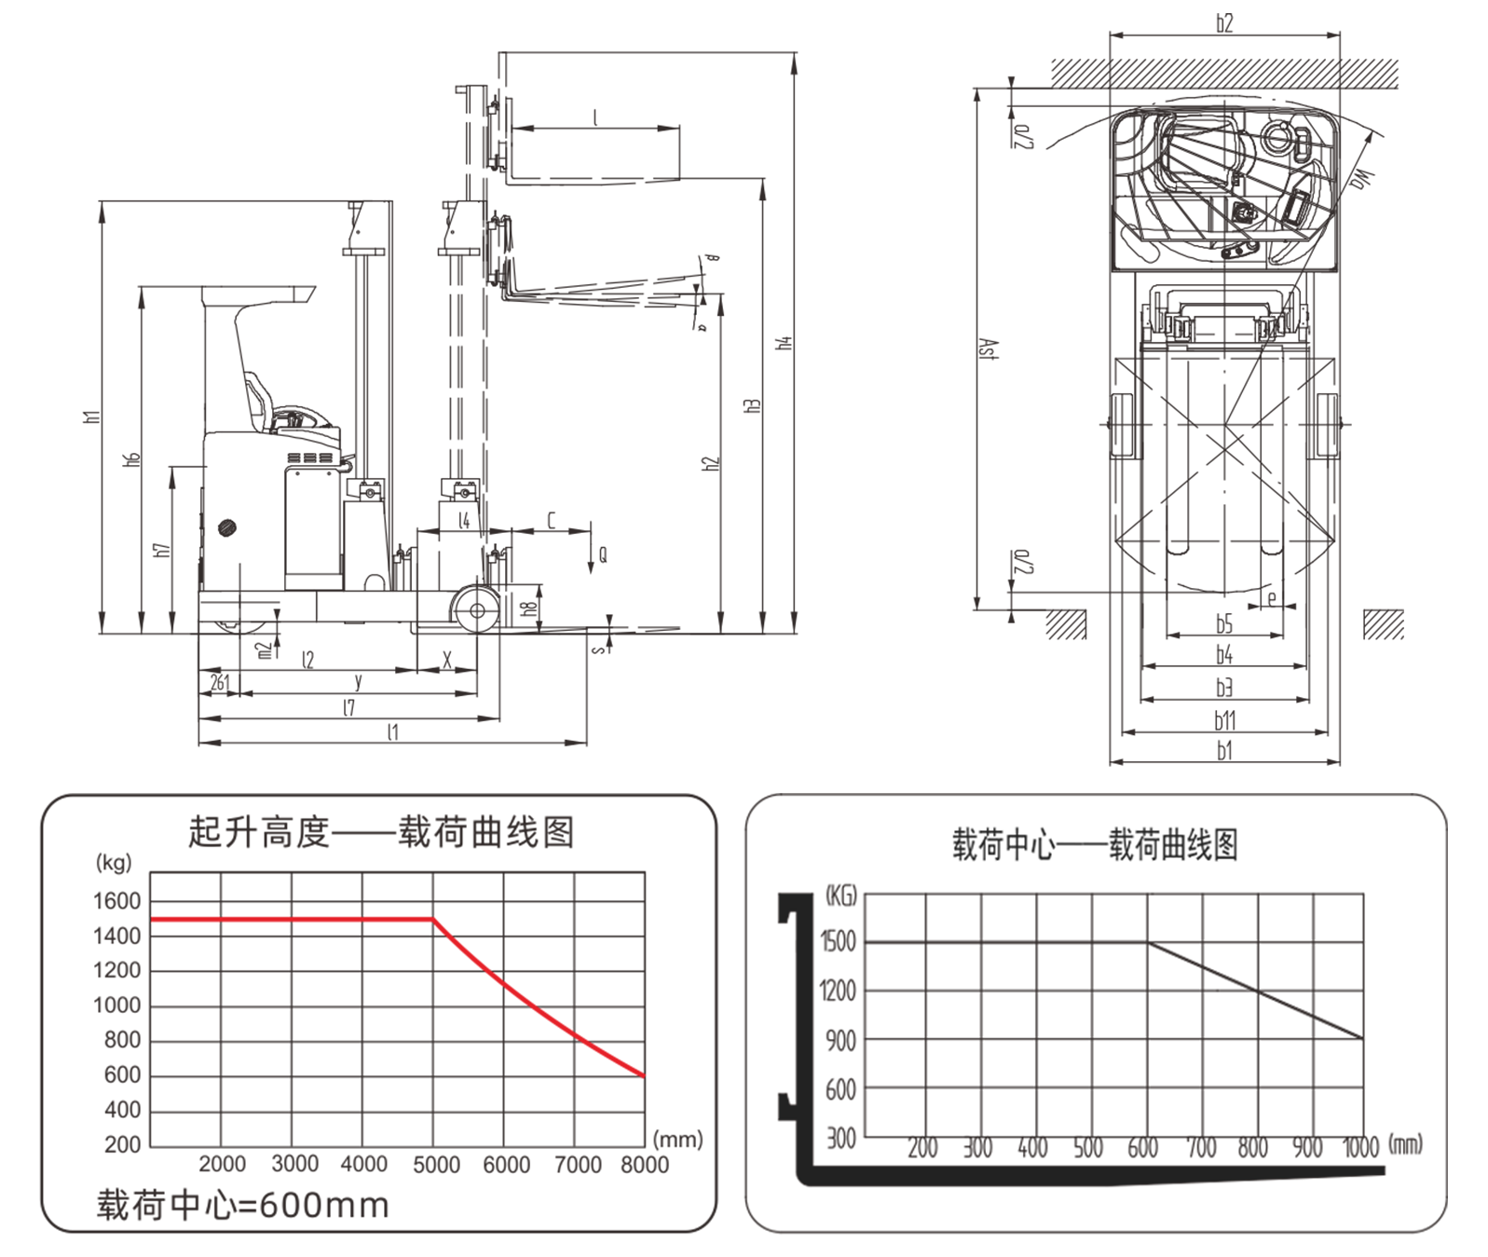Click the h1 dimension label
(x=91, y=417)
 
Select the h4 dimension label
(x=785, y=342)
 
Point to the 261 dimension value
(x=220, y=683)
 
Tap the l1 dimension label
(x=392, y=732)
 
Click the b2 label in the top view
(x=1224, y=23)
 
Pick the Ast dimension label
(x=991, y=349)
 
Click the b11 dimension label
(x=1224, y=719)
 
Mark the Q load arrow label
(x=603, y=555)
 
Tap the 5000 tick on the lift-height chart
(x=435, y=1164)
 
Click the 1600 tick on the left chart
(x=116, y=901)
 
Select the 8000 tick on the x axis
(x=644, y=1164)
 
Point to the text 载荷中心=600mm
(x=242, y=1205)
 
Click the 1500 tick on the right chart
(x=838, y=941)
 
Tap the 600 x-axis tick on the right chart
(x=1142, y=1147)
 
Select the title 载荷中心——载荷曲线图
(x=1094, y=845)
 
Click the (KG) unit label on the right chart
(x=840, y=896)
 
